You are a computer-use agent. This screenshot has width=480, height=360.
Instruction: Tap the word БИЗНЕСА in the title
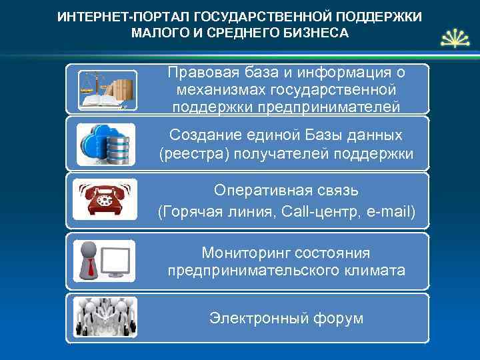click(317, 33)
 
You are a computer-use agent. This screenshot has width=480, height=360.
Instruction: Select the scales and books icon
click(107, 90)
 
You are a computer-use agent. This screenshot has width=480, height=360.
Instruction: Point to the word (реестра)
click(190, 154)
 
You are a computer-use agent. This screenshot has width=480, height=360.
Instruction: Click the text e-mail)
click(390, 212)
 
